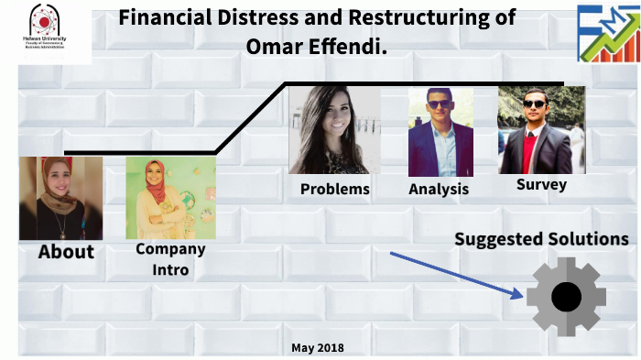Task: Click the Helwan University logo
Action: (x=46, y=31)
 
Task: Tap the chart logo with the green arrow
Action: (x=607, y=33)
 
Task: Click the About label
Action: (x=66, y=252)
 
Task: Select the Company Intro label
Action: (x=170, y=259)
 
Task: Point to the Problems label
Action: (x=335, y=190)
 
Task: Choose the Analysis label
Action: (x=439, y=190)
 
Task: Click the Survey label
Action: (x=541, y=184)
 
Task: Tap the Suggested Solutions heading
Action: (x=541, y=239)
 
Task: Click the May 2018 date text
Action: (x=318, y=348)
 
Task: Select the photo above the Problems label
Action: (x=334, y=131)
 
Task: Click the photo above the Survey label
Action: (x=540, y=131)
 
